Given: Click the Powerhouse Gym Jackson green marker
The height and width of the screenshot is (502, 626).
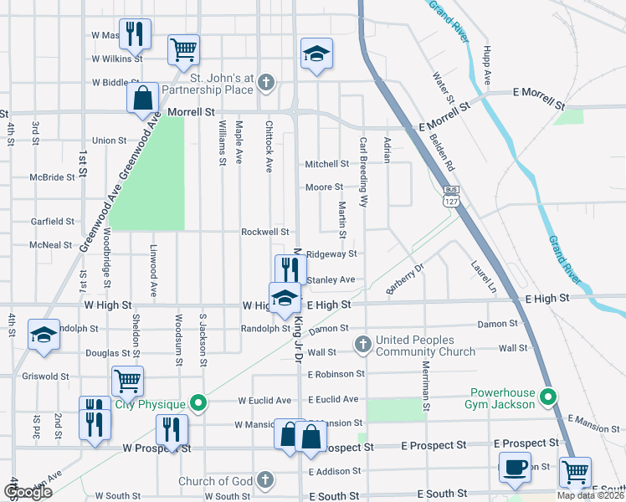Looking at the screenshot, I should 548,397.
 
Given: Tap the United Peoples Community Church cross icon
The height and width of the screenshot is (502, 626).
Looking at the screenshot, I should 362,343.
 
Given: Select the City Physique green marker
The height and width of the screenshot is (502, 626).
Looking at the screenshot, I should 198,403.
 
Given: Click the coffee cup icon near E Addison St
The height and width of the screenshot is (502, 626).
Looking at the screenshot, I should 514,466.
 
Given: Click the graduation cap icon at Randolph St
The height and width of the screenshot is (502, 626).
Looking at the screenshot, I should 44,334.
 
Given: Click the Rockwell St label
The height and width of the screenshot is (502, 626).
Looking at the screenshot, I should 264,232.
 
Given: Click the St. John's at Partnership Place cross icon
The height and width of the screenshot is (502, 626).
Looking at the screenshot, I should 266,82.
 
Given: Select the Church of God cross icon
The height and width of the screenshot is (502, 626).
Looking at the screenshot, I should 264,480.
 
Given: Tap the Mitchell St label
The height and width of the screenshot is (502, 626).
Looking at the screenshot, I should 326,164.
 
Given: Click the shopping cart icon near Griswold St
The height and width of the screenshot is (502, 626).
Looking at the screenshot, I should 127,381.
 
